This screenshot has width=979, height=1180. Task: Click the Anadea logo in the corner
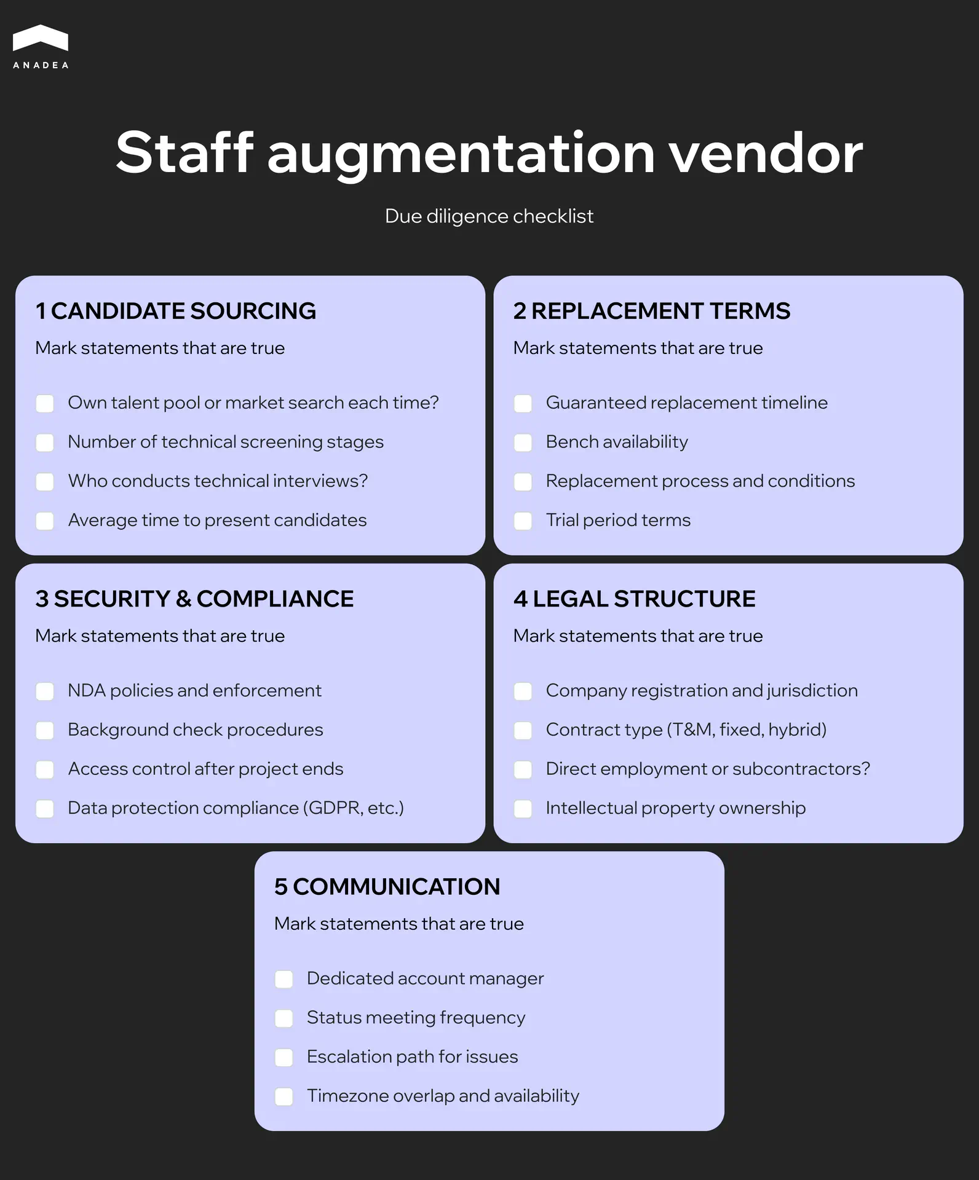[x=41, y=46]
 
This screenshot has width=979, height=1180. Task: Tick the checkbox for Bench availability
[x=523, y=442]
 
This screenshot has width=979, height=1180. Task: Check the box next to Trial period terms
[x=523, y=521]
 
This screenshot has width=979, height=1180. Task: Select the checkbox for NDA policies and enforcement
[x=45, y=691]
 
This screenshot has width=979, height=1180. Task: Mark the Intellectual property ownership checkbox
[x=523, y=808]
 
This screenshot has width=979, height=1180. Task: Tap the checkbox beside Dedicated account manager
[x=284, y=979]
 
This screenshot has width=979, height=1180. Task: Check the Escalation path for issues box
[x=284, y=1057]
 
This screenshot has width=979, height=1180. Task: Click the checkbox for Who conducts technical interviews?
[x=45, y=481]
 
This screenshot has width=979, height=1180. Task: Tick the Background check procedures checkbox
[x=45, y=730]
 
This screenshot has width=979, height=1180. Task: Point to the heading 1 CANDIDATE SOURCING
[x=176, y=311]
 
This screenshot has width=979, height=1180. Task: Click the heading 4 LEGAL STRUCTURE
[x=634, y=599]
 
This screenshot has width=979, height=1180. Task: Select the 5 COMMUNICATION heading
[x=387, y=887]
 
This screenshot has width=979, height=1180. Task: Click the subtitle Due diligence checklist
[x=489, y=216]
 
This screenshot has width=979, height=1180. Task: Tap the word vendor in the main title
[x=766, y=153]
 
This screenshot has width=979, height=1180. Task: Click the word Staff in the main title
[x=184, y=153]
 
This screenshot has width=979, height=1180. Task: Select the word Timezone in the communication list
[x=347, y=1096]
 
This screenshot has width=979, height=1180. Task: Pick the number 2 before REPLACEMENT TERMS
[x=520, y=311]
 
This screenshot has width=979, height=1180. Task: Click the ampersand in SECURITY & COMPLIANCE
[x=183, y=599]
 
